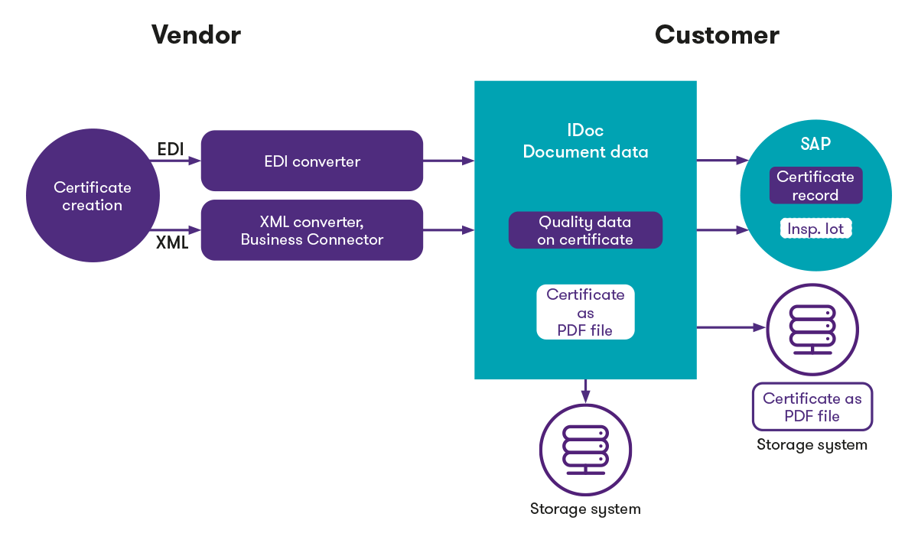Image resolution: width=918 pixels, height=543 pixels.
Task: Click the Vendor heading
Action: pyautogui.click(x=196, y=34)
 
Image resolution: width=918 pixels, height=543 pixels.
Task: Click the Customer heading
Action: pyautogui.click(x=717, y=34)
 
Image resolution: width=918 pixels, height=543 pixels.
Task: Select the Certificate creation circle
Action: pyautogui.click(x=92, y=197)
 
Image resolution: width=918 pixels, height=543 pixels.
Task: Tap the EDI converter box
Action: pyautogui.click(x=311, y=161)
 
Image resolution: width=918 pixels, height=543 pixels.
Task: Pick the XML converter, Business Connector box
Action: pyautogui.click(x=311, y=230)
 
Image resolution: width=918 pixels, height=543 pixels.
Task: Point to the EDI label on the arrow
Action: pyautogui.click(x=171, y=149)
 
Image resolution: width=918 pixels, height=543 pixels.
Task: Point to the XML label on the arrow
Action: pyautogui.click(x=173, y=243)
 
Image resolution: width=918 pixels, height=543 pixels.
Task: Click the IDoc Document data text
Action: pyautogui.click(x=585, y=141)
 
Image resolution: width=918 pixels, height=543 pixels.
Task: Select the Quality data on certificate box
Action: pyautogui.click(x=585, y=230)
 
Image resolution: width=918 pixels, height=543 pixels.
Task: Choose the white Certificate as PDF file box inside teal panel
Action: pyautogui.click(x=585, y=312)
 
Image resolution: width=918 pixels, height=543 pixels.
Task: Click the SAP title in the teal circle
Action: pyautogui.click(x=815, y=144)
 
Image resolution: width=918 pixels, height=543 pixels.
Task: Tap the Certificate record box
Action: pyautogui.click(x=815, y=186)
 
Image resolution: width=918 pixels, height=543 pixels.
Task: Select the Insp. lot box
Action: pyautogui.click(x=815, y=229)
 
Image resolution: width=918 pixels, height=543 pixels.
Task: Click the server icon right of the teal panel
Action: pyautogui.click(x=812, y=328)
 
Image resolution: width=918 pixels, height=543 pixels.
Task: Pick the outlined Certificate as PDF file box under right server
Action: pyautogui.click(x=812, y=407)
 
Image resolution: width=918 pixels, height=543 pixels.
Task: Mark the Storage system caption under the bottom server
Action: pyautogui.click(x=585, y=509)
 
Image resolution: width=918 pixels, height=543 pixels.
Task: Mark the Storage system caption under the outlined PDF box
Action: pyautogui.click(x=812, y=444)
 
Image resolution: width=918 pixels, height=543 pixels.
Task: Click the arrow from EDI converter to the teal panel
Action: pyautogui.click(x=449, y=161)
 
